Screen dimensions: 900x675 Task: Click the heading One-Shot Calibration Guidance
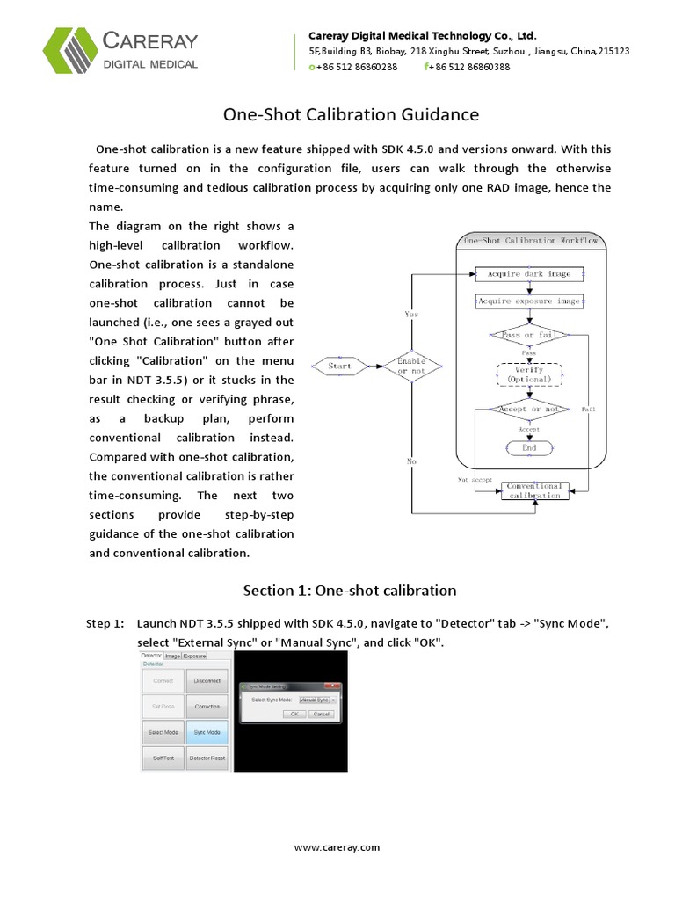click(x=351, y=114)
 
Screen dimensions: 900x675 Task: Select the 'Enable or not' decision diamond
click(x=411, y=365)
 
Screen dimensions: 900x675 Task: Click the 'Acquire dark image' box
click(x=528, y=274)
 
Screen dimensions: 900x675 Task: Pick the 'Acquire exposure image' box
click(x=528, y=301)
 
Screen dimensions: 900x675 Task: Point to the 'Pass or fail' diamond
click(x=528, y=335)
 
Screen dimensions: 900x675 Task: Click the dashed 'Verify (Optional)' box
click(x=528, y=375)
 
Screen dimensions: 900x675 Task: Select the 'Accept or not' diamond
click(x=528, y=410)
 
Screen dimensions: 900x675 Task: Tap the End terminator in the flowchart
click(x=528, y=447)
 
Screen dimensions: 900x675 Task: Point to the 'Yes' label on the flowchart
click(x=411, y=314)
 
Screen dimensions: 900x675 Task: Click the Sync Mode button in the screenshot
click(x=208, y=731)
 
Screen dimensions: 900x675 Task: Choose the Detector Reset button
click(x=208, y=757)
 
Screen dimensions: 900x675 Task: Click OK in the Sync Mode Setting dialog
click(x=295, y=714)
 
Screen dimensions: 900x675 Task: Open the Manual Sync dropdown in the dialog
click(x=317, y=700)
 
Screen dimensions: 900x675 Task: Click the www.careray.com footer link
click(x=337, y=847)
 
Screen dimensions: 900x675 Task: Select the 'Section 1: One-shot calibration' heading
click(x=350, y=590)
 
